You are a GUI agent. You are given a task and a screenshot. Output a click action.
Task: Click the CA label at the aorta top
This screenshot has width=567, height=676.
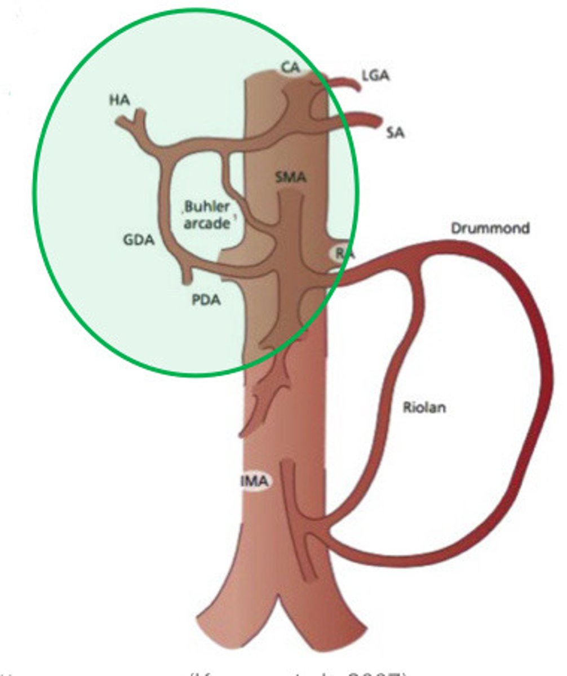pos(291,68)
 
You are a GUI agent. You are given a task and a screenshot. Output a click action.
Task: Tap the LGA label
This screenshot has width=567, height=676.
pos(375,75)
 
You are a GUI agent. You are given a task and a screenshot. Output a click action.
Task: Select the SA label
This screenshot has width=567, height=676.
pos(396,133)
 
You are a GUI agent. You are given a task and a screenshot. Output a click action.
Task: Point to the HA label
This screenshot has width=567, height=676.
pos(119,100)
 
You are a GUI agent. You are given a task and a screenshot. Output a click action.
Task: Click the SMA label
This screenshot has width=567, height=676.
pos(291,177)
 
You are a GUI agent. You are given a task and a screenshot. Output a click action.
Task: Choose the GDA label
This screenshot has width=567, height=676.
pos(139,241)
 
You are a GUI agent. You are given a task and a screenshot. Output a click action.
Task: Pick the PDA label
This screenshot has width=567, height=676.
pos(206,300)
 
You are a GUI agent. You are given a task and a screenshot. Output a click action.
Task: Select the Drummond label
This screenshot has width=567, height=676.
pos(490,228)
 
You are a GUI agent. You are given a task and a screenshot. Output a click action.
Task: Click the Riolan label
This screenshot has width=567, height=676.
pos(424,407)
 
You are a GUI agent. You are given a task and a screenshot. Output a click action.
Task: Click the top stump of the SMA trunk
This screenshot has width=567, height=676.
pos(290,194)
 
